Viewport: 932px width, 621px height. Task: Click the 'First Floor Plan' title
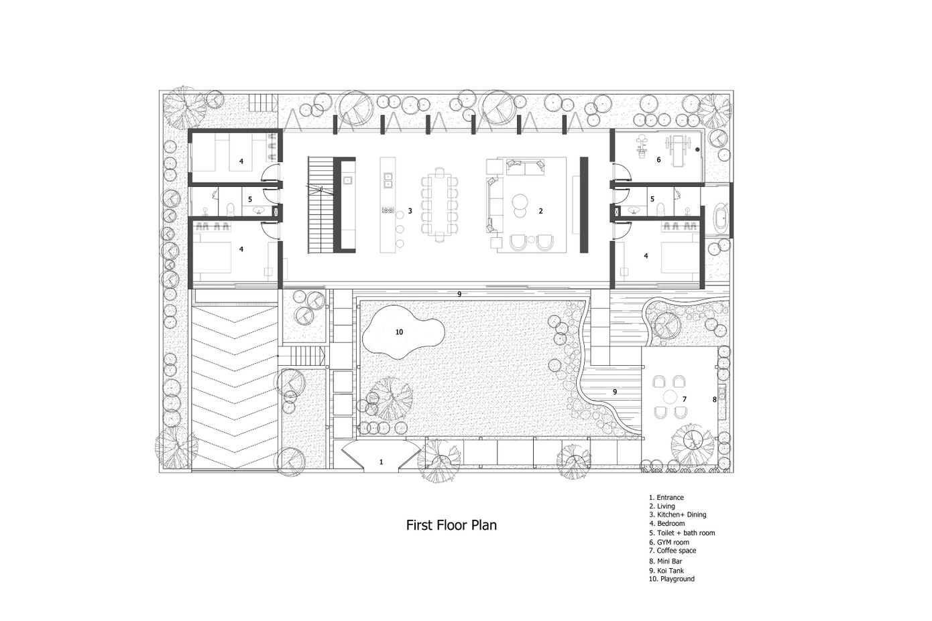coord(451,525)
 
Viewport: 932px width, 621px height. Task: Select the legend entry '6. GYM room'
coord(669,542)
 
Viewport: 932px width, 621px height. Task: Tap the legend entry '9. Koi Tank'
coord(666,571)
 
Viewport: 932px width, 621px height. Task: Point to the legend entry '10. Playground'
coord(672,579)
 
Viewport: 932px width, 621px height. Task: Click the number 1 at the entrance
coord(381,462)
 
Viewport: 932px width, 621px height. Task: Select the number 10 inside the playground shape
coord(399,332)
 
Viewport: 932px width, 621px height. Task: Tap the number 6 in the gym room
coord(658,159)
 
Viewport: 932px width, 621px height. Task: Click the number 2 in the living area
coord(541,211)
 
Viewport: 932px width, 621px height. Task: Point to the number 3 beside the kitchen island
coord(410,211)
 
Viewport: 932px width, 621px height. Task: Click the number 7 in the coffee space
coord(685,399)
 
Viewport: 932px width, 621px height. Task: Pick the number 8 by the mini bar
coord(715,400)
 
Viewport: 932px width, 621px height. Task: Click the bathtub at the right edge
coord(721,219)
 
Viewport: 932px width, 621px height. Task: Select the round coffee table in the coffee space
coord(671,397)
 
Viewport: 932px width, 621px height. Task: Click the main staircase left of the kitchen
coord(321,205)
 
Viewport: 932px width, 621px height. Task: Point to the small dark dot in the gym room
coord(698,149)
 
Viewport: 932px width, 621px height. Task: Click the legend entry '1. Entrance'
coord(666,498)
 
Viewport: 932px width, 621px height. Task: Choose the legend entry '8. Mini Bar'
coord(666,561)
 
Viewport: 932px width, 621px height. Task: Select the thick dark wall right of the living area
coord(584,205)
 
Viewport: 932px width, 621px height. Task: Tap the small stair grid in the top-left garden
coord(264,102)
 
